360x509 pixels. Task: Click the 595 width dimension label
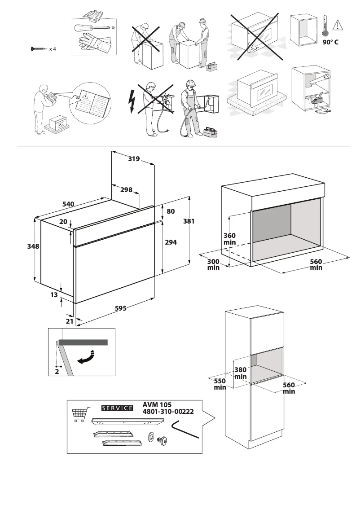tap(120, 308)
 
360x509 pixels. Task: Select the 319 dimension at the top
tap(134, 158)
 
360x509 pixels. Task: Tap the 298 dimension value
tap(126, 189)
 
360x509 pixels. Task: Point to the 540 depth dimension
tap(68, 204)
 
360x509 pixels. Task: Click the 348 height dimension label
tap(33, 246)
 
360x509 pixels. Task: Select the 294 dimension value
tap(171, 242)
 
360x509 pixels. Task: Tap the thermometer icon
tap(325, 26)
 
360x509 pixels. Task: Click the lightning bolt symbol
tap(132, 101)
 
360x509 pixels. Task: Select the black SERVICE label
tap(118, 408)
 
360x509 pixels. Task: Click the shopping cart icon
tap(79, 415)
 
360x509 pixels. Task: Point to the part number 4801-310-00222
tap(168, 412)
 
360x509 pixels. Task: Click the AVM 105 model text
tap(157, 404)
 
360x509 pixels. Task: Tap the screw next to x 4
tap(38, 48)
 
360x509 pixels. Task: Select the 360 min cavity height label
tap(229, 239)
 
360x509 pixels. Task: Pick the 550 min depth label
tap(220, 384)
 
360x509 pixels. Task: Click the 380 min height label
tap(241, 373)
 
